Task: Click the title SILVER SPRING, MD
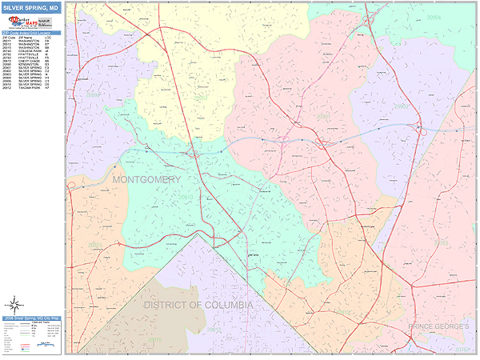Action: pyautogui.click(x=30, y=7)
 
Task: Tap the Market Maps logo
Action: pyautogui.click(x=30, y=22)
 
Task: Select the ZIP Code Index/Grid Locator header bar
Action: pyautogui.click(x=30, y=32)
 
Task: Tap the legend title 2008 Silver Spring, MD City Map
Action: pyautogui.click(x=30, y=318)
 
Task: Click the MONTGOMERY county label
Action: pyautogui.click(x=146, y=180)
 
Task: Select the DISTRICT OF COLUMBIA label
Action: pyautogui.click(x=198, y=306)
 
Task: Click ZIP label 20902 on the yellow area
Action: pyautogui.click(x=200, y=97)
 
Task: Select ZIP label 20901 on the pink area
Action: pyautogui.click(x=322, y=116)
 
